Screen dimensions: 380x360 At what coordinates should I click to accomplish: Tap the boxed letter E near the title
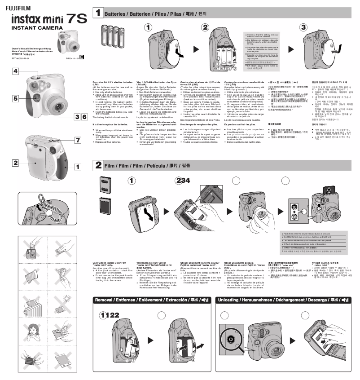tap(81, 57)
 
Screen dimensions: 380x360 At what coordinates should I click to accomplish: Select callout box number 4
tap(16, 71)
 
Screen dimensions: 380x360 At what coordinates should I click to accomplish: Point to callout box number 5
tap(16, 98)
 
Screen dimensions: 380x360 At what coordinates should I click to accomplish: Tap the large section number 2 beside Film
tap(98, 166)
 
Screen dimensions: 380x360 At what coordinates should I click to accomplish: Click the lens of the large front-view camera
tap(47, 106)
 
